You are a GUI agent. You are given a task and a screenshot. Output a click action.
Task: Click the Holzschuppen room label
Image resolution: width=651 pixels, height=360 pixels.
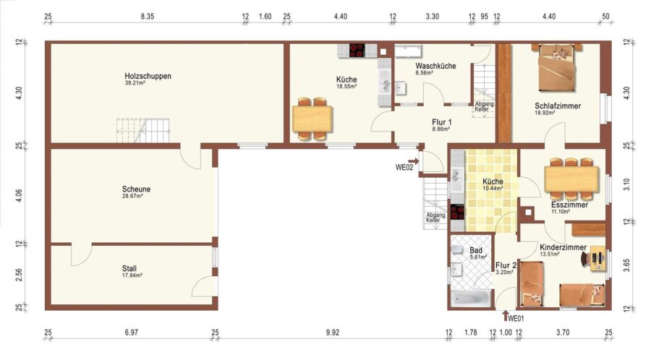148,77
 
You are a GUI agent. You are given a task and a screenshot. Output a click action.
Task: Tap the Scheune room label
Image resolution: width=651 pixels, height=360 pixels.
136,189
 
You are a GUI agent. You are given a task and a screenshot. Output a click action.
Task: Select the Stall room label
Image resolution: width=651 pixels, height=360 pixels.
129,268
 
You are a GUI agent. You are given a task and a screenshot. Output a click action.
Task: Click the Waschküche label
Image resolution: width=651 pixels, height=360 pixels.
435,66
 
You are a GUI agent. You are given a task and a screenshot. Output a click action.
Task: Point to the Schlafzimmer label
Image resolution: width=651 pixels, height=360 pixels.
558,106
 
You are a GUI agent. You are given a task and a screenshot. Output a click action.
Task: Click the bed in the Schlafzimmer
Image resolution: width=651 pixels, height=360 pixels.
557,67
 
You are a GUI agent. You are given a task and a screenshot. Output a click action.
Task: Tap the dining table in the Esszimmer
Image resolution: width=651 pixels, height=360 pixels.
571,179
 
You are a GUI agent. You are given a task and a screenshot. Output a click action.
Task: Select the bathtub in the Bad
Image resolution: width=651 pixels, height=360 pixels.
471,299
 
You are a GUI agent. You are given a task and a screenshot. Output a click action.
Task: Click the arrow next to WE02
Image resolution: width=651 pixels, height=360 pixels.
414,161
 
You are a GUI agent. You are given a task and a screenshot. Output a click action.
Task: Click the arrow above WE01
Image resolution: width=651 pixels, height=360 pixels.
505,316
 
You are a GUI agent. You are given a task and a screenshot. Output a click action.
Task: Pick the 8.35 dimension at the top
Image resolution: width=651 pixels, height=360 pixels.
148,17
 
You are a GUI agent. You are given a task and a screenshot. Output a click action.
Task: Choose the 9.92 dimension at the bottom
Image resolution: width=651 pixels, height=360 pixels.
333,333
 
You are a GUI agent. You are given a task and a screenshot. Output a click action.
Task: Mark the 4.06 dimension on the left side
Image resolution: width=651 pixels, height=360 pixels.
19,196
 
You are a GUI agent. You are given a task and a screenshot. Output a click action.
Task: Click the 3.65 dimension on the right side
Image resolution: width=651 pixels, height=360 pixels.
627,265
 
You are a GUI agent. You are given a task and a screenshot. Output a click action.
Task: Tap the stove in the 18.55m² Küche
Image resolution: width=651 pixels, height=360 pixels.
357,50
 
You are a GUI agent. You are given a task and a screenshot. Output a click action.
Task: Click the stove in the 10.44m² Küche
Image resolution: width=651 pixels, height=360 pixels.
457,212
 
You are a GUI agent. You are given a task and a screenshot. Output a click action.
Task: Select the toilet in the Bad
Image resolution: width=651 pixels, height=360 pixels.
456,249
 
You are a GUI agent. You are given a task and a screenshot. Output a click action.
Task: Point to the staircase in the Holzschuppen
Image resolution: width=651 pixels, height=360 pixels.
142,131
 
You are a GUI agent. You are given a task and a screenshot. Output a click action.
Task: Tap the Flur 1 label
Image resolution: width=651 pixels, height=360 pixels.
441,122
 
